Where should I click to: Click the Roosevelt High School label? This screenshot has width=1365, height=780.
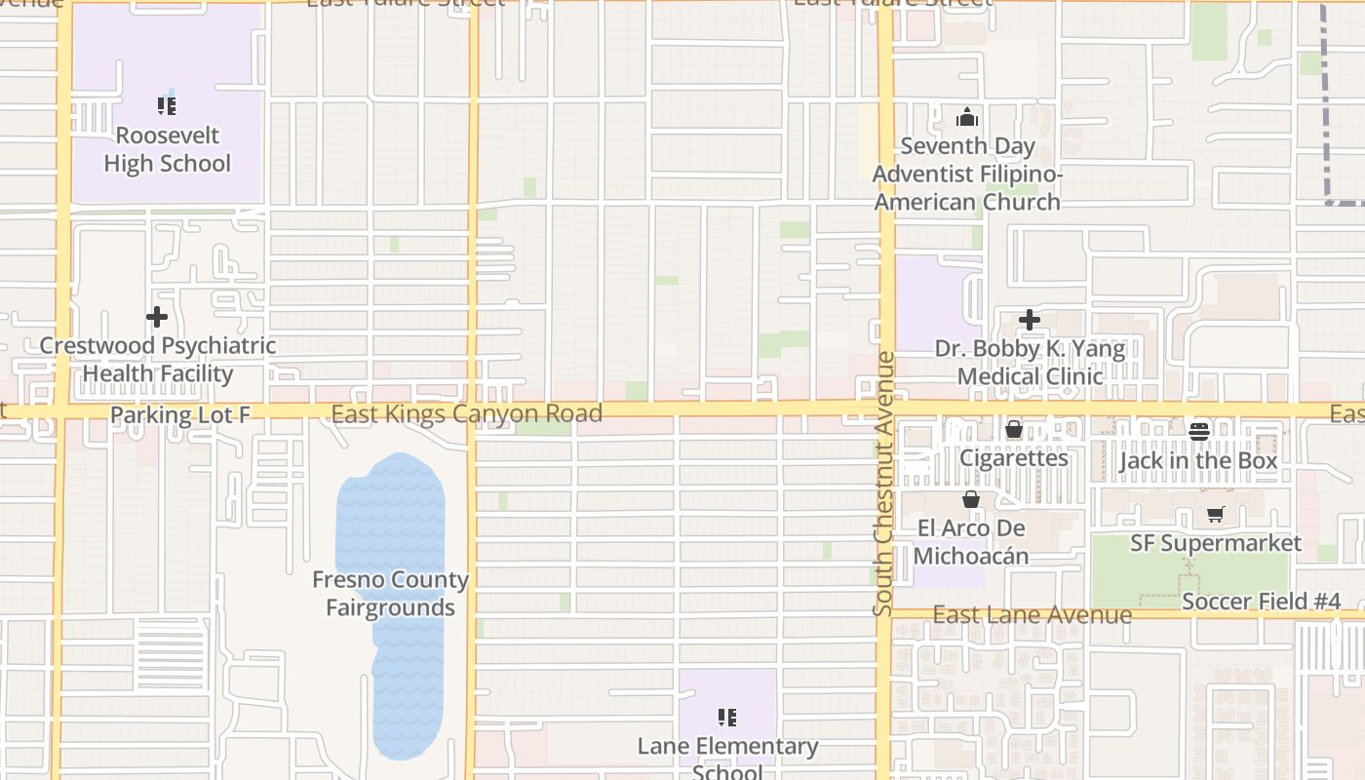[168, 149]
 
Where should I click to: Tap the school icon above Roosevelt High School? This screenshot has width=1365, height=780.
[167, 105]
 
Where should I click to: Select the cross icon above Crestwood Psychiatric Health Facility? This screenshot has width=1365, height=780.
[157, 317]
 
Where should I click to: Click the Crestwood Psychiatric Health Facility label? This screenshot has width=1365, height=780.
[158, 360]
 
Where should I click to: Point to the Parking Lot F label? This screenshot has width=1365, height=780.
[180, 415]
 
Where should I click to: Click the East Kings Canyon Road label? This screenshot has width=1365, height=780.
[466, 413]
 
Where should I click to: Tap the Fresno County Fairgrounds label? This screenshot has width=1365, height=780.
[390, 594]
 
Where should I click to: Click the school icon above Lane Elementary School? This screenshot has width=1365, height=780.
[727, 718]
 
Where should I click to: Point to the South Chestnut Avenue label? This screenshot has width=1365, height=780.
[884, 484]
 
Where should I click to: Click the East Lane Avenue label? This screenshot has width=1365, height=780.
[1032, 615]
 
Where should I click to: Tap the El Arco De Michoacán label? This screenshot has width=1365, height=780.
[971, 542]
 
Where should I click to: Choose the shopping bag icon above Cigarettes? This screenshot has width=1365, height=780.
[1014, 429]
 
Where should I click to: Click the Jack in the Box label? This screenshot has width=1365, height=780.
[1198, 460]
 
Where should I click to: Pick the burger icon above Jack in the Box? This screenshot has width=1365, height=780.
[1199, 430]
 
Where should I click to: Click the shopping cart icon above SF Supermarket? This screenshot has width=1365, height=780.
[1215, 514]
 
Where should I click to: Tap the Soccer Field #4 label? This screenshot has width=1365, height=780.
[1261, 602]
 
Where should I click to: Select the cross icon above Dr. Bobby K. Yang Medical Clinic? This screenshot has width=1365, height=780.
[1030, 320]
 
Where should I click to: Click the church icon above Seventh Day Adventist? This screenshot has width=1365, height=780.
[967, 118]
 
